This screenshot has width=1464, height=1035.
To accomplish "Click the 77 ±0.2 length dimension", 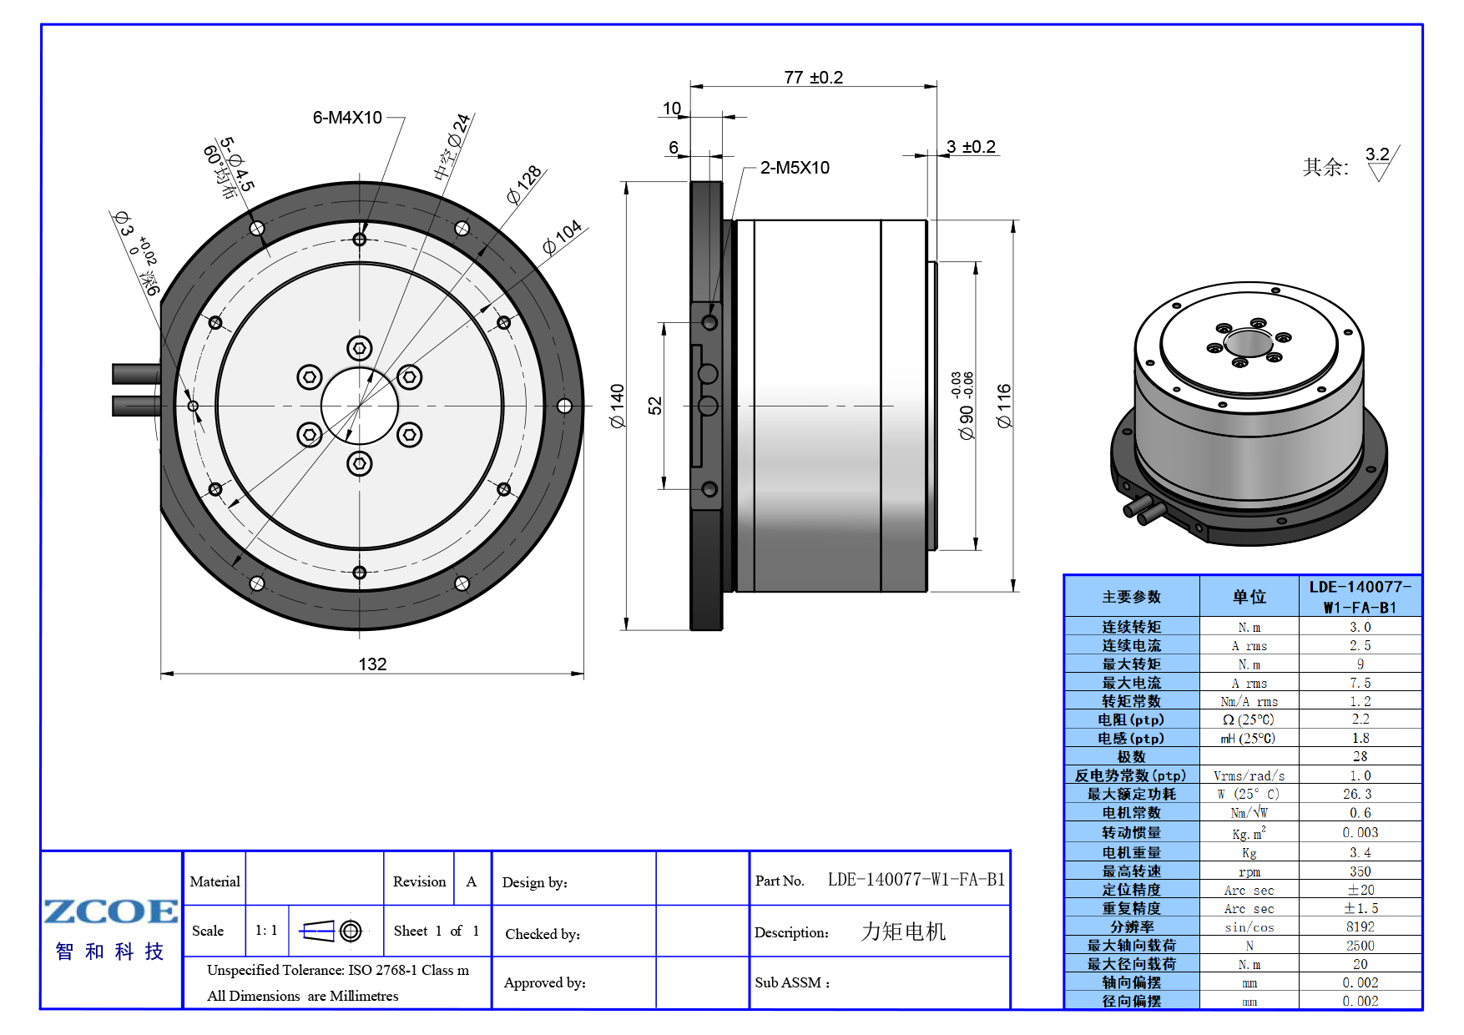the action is pos(814,78).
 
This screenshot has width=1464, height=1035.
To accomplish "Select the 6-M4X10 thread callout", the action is pos(347,118).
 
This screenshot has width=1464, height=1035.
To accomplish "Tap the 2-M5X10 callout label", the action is pos(795,168).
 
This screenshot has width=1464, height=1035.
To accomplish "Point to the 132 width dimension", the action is pos(372,664).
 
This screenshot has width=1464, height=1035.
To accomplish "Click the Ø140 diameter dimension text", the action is pos(617,406).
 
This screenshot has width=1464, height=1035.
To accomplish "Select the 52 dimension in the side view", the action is pos(654,406).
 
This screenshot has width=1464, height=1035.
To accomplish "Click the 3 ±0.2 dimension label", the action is pos(971,147).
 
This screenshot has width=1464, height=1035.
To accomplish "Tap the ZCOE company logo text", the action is pos(111,911).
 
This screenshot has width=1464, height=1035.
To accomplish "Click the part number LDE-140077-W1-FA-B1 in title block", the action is pos(916,880).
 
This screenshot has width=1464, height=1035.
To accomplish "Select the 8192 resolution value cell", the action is pos(1360,926).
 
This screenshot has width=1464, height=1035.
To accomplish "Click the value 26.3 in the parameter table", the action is pos(1360,794).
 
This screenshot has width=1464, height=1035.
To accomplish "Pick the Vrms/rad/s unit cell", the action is pos(1249,775).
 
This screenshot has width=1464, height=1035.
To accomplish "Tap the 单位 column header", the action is pos(1249,597).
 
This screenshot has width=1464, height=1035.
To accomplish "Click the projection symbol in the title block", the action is pos(331,931).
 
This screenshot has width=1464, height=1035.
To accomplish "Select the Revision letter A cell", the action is pos(472,881).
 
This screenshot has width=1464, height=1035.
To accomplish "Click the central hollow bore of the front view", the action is pos(360,406).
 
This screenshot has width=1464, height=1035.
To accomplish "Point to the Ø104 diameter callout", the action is pos(562,238).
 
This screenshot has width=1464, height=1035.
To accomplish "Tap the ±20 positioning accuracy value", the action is pos(1360,890).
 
